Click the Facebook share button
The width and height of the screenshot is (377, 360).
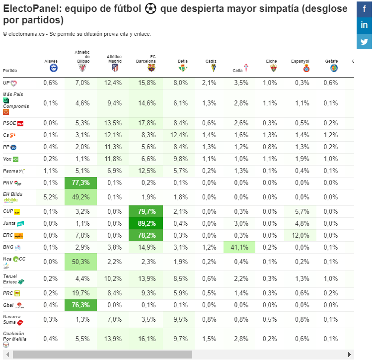click(364, 9)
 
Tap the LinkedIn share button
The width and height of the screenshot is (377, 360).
click(364, 25)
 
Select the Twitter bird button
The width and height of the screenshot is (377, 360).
click(364, 41)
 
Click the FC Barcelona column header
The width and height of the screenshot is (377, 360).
click(146, 59)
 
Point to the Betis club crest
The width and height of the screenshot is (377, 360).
click(183, 68)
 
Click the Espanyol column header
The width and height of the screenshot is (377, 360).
click(300, 61)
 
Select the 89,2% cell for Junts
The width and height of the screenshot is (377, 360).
click(146, 223)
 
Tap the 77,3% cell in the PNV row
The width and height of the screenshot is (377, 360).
click(81, 183)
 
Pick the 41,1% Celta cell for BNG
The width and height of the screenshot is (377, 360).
click(239, 248)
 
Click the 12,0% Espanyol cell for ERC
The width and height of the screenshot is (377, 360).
click(301, 235)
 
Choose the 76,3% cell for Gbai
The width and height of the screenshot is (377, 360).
click(81, 305)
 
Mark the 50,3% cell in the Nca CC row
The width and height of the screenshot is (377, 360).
click(81, 262)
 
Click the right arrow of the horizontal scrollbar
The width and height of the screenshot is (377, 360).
click(349, 355)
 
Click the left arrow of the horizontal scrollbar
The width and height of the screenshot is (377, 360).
click(8, 355)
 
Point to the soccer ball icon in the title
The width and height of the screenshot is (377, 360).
click(151, 9)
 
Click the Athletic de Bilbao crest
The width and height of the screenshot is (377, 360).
click(82, 68)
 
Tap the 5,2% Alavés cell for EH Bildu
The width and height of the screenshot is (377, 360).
click(51, 197)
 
